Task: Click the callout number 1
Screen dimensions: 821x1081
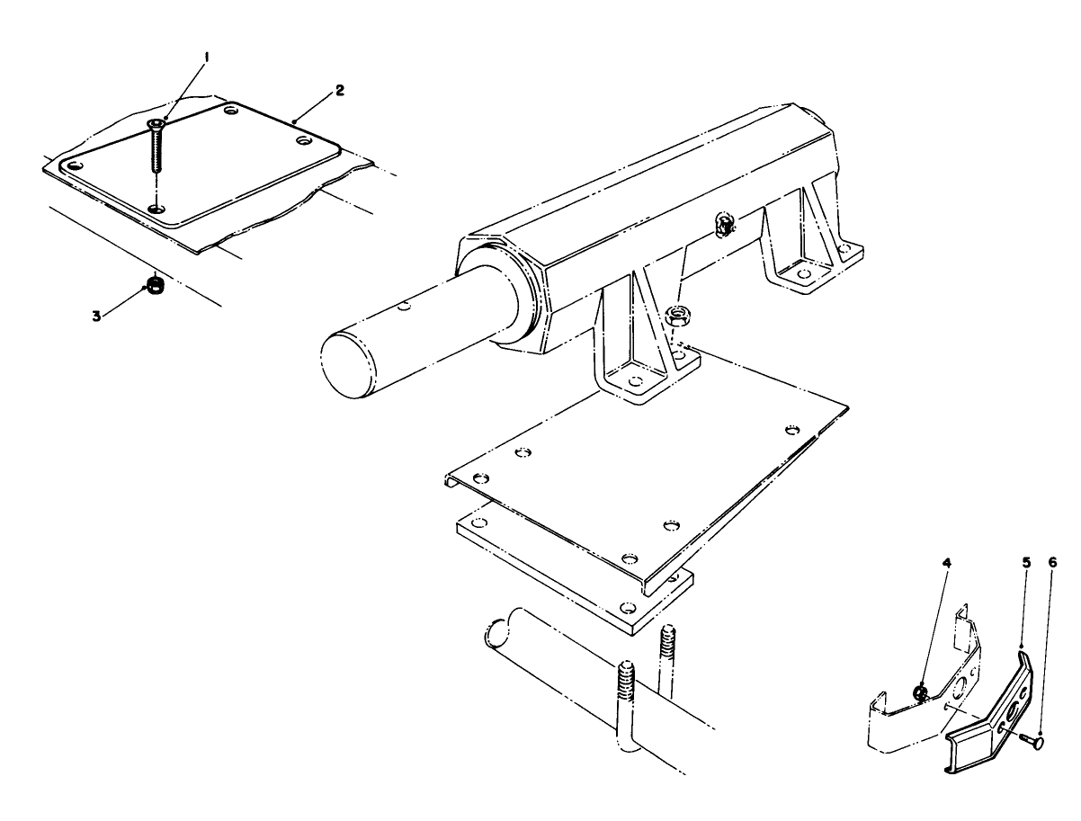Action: [x=206, y=57]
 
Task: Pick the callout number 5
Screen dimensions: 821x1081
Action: [x=1025, y=563]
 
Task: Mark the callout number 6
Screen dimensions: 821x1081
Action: [x=1052, y=563]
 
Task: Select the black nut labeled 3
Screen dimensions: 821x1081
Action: [x=155, y=287]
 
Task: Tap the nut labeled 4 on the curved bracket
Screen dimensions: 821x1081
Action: [x=919, y=692]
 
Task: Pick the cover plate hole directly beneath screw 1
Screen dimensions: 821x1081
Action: [x=157, y=209]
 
